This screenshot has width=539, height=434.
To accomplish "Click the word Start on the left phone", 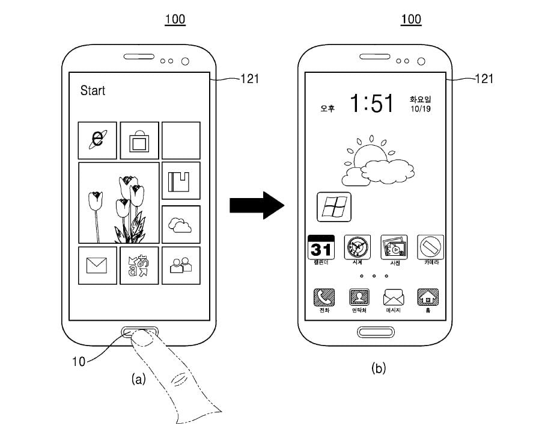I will point(93,91).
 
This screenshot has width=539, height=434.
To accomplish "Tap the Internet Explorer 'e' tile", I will point(97,140).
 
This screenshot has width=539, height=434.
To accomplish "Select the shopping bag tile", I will point(139,140).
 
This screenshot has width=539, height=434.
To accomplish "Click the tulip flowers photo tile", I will point(119,203).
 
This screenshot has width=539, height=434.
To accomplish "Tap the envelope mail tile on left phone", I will point(97,265).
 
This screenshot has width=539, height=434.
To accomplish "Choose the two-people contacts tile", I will point(180,265).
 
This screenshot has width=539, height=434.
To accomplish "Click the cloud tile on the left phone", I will point(180,225).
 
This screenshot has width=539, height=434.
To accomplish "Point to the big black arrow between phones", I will point(256,207).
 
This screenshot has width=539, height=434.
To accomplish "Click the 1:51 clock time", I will point(372,104).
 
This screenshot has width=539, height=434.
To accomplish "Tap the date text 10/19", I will point(420,109).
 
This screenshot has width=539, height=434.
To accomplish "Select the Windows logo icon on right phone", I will point(334,208).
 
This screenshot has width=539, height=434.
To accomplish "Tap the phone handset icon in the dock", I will point(324,297).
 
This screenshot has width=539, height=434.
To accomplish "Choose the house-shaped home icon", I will point(428,297).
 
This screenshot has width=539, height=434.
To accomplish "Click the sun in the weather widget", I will point(368,155).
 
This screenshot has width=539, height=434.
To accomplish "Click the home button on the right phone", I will point(375,332).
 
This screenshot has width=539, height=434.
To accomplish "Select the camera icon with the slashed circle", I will point(430,247).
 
